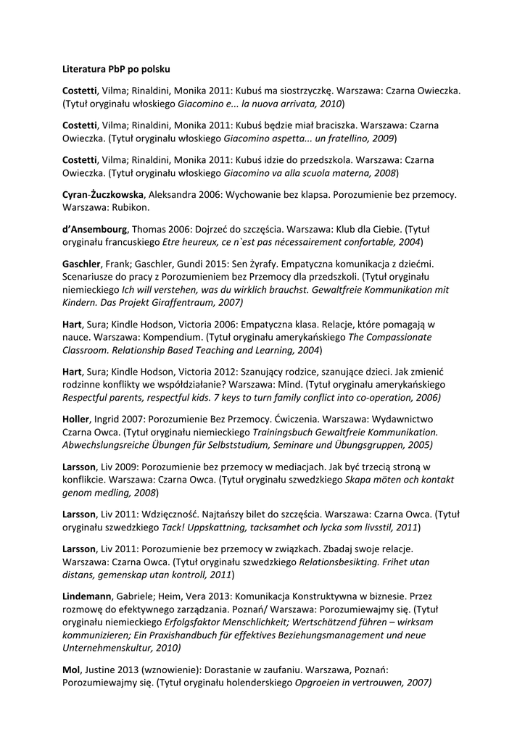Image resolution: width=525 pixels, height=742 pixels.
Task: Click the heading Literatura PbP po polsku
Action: point(116,70)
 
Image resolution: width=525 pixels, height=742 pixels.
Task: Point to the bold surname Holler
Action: point(75,419)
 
